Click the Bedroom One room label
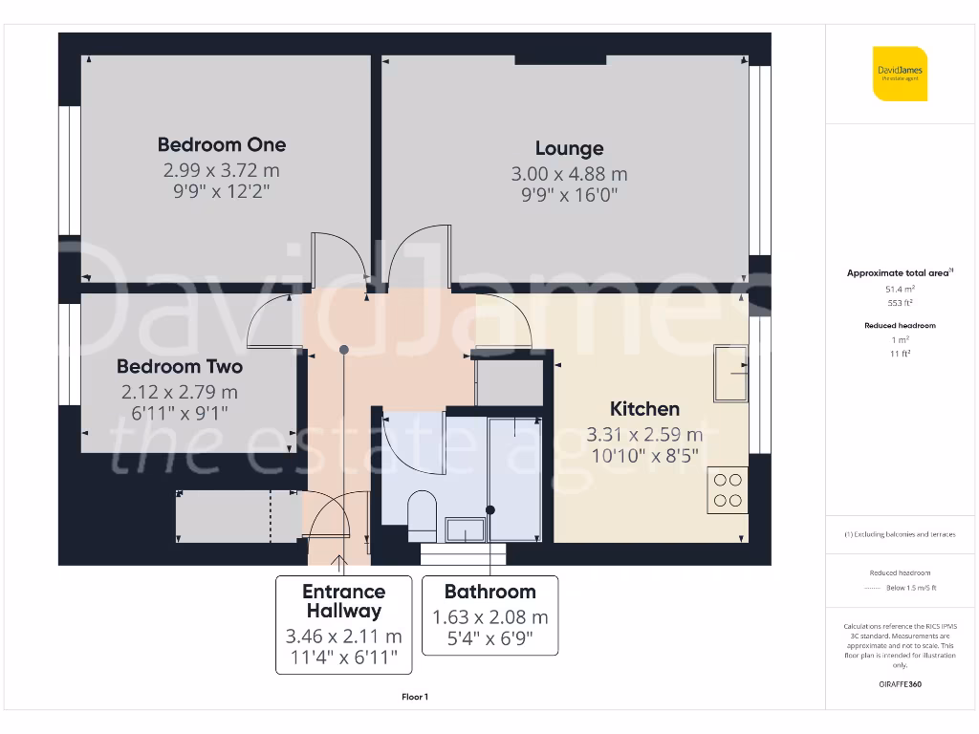[x=222, y=145]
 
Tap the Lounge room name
[x=569, y=148]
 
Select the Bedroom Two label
[x=180, y=366]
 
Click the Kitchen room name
[x=645, y=409]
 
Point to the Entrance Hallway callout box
[x=344, y=624]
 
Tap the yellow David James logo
[x=900, y=74]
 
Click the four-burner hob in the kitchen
[x=727, y=489]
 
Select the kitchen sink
[x=731, y=373]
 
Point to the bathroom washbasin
[x=465, y=529]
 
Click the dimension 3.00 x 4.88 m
[x=569, y=174]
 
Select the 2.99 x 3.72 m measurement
[x=222, y=170]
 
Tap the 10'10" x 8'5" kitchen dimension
[x=645, y=455]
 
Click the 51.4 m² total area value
[x=900, y=288]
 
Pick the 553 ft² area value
[x=900, y=302]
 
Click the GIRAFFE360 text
[x=900, y=684]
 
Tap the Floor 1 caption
[x=415, y=697]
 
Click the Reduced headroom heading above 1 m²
[x=900, y=326]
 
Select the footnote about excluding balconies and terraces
[x=900, y=534]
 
